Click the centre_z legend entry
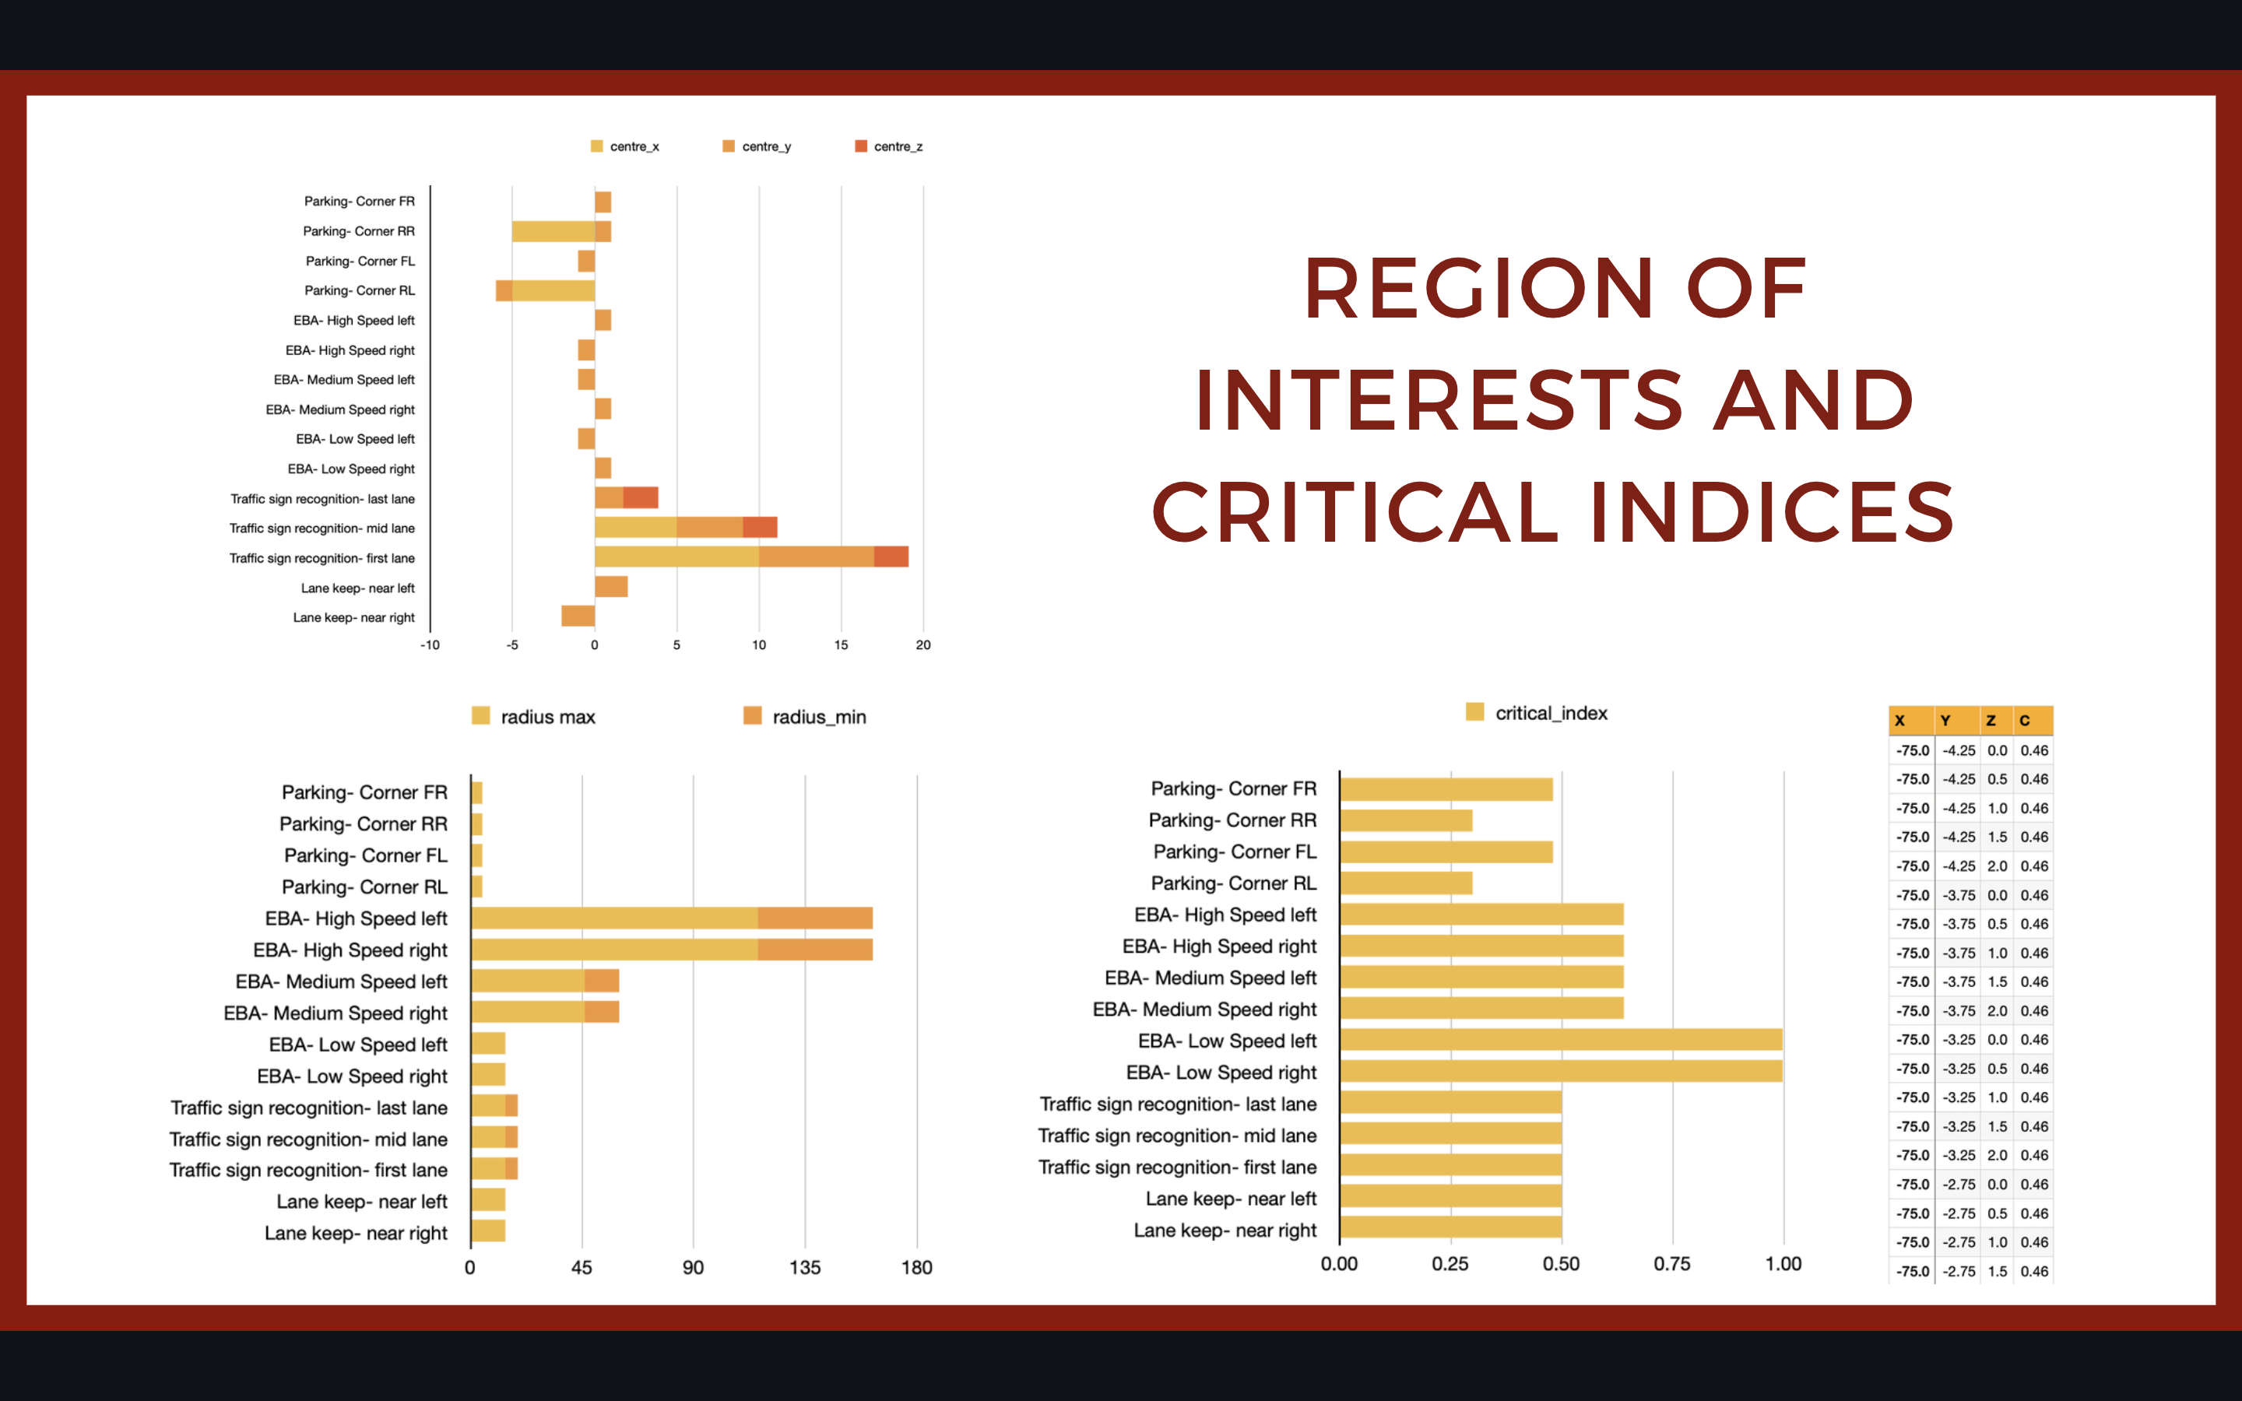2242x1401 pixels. coord(888,146)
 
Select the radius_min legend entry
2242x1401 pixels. coord(805,716)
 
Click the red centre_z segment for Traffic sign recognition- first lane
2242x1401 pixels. coord(891,557)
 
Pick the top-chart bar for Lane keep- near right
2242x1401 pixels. coord(578,616)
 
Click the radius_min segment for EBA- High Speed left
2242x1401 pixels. coord(814,918)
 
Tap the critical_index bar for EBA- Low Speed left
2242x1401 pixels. coord(1560,1040)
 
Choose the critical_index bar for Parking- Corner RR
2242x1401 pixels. coord(1405,820)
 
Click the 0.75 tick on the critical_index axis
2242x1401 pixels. coord(1671,1264)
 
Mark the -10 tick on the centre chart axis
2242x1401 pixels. coord(430,645)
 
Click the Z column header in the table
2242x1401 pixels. coord(1990,720)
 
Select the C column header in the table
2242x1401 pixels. coord(2026,720)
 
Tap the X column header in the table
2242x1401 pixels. coord(1900,720)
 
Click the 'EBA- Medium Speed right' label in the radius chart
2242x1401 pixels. coord(336,1013)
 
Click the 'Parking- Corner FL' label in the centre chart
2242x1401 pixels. coord(360,262)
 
